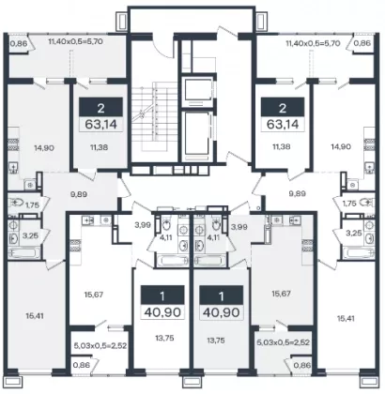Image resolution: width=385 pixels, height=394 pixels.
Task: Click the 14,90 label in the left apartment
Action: tap(43, 147)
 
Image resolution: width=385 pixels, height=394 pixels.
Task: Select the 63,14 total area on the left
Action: tap(100, 125)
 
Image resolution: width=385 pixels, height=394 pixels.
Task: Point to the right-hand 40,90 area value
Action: tap(222, 312)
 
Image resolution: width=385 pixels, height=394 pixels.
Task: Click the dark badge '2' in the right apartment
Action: tap(283, 109)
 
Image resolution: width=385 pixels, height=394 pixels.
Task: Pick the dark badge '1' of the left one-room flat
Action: tap(162, 295)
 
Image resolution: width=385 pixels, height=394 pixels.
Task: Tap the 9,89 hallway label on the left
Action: tap(79, 194)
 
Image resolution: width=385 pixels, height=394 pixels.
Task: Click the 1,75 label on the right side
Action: tap(349, 204)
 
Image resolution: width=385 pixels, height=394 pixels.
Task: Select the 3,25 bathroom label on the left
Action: tap(30, 235)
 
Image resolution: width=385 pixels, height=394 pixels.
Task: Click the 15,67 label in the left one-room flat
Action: tap(94, 295)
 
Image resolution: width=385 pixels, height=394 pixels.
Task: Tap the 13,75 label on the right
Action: tap(216, 341)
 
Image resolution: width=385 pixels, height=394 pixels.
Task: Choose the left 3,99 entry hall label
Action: tap(143, 224)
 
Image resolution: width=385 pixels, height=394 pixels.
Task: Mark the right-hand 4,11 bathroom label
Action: tap(213, 237)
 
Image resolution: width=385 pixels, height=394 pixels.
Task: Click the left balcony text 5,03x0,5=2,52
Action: tap(100, 346)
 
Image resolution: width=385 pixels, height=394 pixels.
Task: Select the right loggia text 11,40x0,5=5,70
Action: tap(313, 43)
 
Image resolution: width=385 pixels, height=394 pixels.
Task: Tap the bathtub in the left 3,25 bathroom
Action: tap(24, 252)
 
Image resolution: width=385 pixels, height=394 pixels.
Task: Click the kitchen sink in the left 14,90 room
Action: tap(13, 168)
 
